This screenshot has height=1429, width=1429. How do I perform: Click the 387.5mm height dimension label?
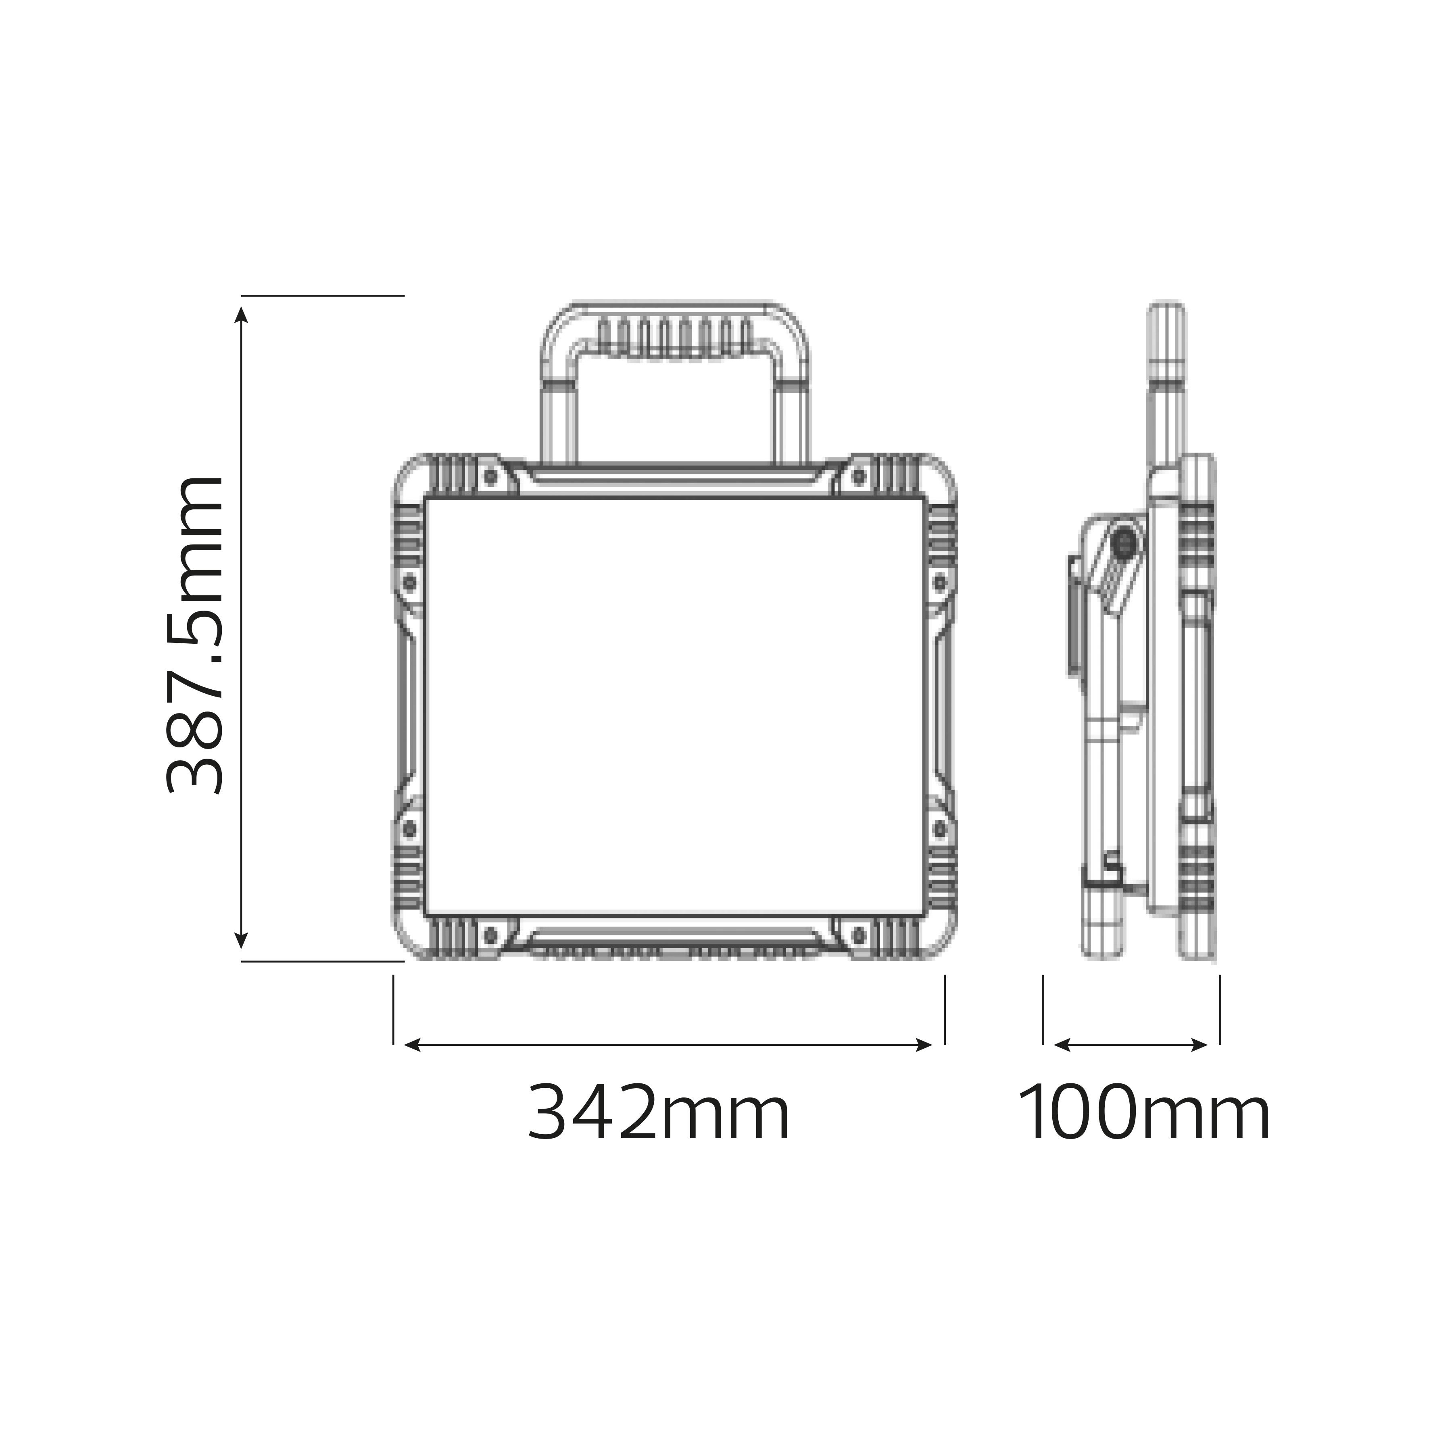tap(193, 634)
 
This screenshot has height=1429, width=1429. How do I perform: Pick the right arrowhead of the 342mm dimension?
tap(924, 1044)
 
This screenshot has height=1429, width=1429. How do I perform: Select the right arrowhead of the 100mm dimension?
tap(1199, 1044)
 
